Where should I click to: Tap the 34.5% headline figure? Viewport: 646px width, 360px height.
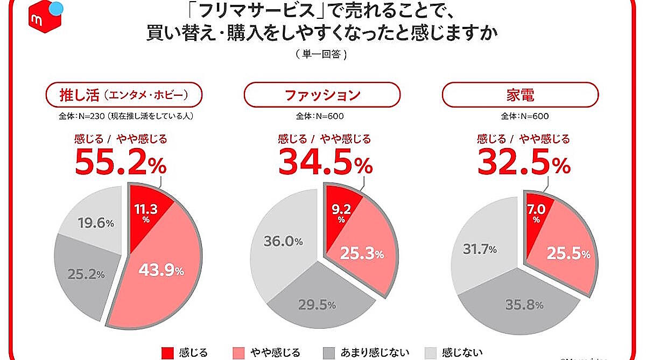[x=325, y=162]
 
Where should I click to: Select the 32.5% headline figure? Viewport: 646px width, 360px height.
[x=524, y=162]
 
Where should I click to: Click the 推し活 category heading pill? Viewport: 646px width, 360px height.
[x=123, y=95]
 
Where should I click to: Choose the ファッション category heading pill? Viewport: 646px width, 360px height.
[x=322, y=95]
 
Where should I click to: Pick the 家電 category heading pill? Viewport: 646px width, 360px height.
[x=520, y=95]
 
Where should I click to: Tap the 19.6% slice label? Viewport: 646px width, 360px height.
[x=94, y=223]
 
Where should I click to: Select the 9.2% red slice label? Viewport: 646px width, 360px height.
[x=341, y=211]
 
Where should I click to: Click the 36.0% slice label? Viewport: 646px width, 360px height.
[x=283, y=242]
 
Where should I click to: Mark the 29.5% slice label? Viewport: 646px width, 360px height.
[x=317, y=305]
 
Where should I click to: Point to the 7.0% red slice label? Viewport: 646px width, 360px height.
[x=536, y=211]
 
